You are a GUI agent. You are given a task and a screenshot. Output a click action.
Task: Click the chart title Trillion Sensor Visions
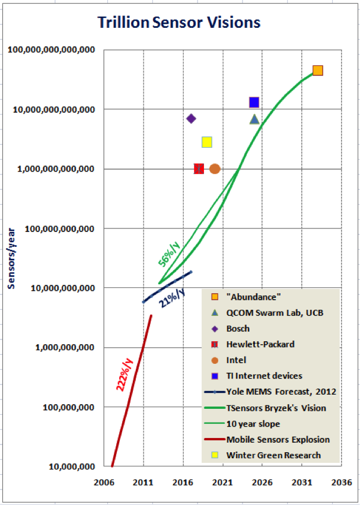tap(179, 23)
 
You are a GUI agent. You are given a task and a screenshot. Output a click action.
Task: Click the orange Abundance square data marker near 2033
tap(317, 71)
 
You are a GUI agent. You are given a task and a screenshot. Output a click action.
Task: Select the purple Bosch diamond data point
tap(191, 119)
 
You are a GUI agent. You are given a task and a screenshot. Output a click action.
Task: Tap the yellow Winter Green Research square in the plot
tap(207, 142)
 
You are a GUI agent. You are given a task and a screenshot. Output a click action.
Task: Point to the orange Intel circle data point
tap(215, 169)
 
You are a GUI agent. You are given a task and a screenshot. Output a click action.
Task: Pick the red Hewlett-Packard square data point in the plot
tap(199, 169)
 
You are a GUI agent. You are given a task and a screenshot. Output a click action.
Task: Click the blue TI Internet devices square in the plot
tap(254, 102)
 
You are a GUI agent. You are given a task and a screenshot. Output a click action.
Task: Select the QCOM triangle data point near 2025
tap(254, 119)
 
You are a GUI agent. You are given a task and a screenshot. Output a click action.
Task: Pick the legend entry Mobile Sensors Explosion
tap(278, 440)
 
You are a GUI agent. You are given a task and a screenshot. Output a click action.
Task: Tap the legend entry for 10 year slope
tap(253, 424)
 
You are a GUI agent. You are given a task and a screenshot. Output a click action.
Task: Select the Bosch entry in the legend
tap(238, 328)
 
